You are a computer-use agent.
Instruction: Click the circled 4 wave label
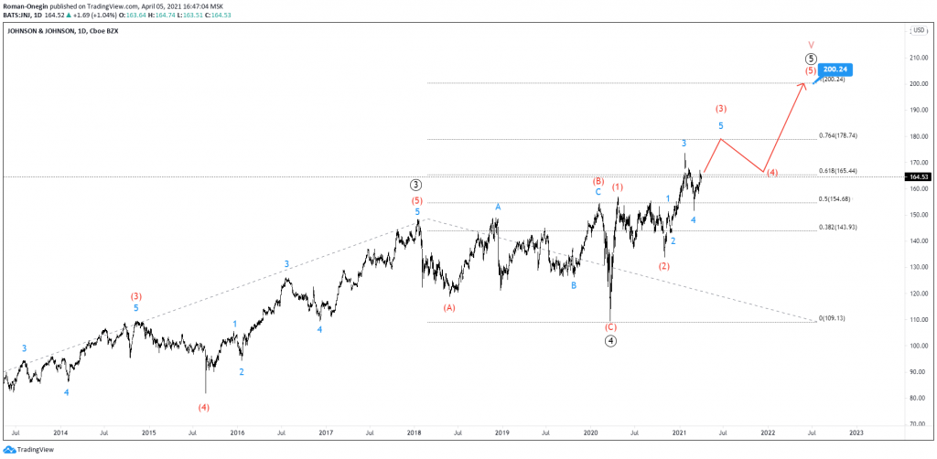click(x=610, y=341)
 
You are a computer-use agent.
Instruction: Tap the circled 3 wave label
click(x=416, y=185)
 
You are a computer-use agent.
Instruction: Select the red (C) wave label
click(x=610, y=326)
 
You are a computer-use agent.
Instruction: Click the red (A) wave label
click(x=449, y=308)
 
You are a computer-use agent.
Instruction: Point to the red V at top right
click(x=811, y=43)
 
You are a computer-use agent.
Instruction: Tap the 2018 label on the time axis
click(x=414, y=432)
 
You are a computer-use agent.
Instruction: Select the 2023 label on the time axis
click(x=856, y=432)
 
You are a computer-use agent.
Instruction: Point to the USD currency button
click(x=919, y=30)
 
